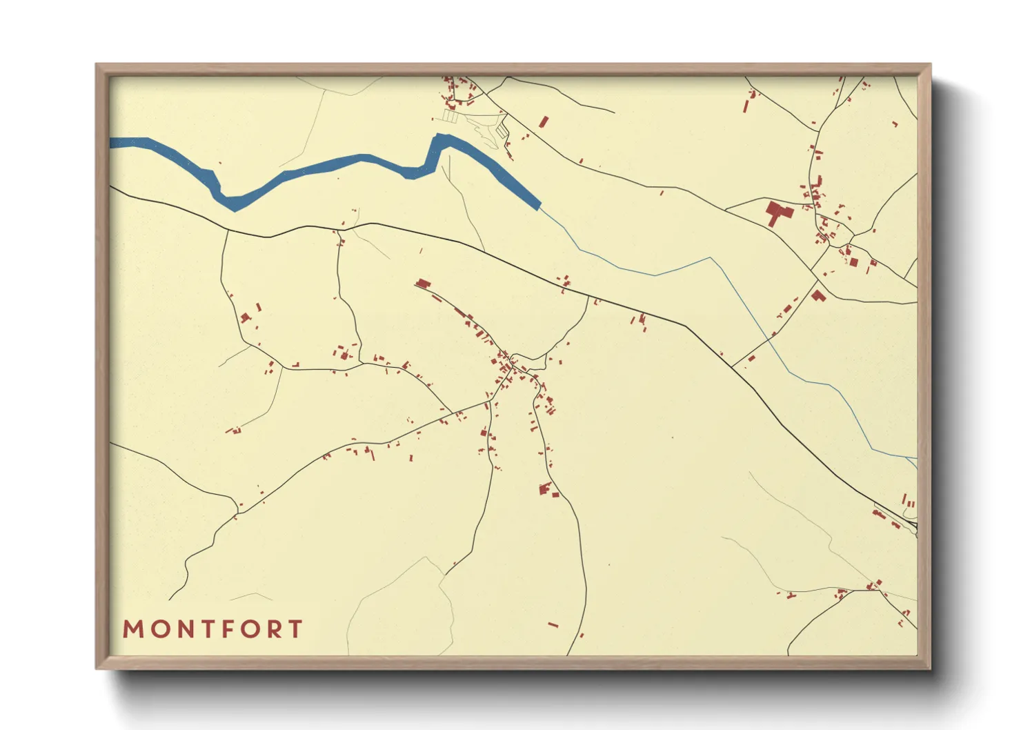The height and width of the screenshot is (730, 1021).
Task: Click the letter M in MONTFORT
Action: [x=133, y=629]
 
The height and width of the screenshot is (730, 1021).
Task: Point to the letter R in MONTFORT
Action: [x=275, y=629]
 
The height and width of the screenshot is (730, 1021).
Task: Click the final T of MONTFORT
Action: [x=295, y=629]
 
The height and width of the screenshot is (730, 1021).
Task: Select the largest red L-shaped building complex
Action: [x=779, y=212]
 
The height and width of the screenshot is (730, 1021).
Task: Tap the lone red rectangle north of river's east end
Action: [x=543, y=122]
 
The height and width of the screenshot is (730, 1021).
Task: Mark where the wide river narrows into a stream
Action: [x=539, y=206]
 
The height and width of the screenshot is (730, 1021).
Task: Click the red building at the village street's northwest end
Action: [x=423, y=283]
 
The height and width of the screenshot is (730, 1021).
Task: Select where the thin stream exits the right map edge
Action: [x=916, y=458]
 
